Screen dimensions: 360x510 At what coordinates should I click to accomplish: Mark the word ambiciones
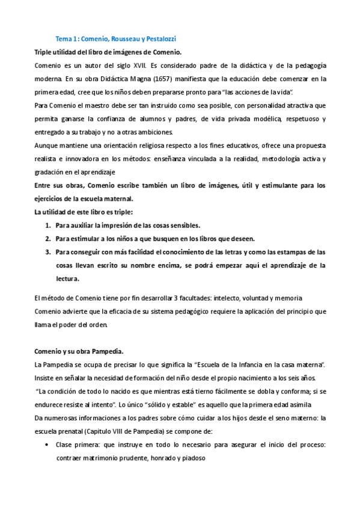(153, 132)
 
